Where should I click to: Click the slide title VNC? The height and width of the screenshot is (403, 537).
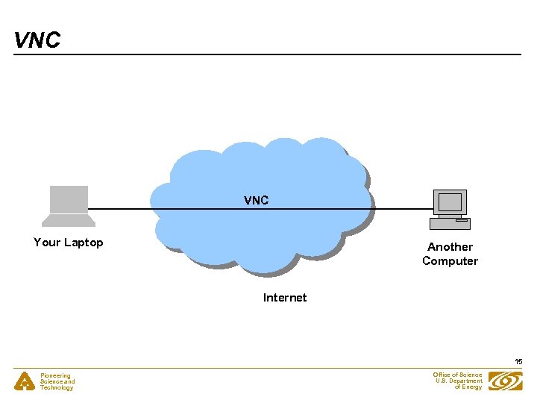37,40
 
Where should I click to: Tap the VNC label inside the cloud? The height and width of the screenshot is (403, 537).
256,200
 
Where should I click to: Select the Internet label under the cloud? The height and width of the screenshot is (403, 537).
284,298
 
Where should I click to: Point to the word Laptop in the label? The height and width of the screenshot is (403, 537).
84,243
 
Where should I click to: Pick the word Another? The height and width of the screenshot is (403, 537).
450,247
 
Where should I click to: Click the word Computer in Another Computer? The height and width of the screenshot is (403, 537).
450,261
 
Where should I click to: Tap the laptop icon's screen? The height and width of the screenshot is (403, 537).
69,199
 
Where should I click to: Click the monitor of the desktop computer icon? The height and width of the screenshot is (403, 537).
450,202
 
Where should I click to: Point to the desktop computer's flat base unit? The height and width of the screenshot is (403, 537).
450,223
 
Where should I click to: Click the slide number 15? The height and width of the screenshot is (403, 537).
518,362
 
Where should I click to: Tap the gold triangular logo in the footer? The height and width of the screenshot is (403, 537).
25,381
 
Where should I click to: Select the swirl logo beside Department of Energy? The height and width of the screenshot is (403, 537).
505,381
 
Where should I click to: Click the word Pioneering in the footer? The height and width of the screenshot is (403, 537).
55,376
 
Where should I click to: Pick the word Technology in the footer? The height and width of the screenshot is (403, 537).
57,388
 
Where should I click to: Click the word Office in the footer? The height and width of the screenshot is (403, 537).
442,375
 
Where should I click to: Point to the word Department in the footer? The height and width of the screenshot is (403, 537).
466,381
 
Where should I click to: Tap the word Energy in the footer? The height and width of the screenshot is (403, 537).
473,387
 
